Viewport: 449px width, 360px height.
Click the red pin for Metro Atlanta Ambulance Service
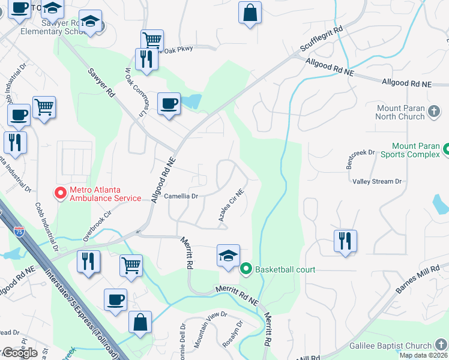coord(60,193)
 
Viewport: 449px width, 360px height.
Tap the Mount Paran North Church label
coord(400,112)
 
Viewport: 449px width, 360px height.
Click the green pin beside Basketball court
coord(246,269)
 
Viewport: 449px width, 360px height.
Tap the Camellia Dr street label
coord(181,196)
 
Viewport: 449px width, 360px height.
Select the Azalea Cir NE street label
coord(231,206)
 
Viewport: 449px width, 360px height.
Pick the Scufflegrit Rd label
coord(322,40)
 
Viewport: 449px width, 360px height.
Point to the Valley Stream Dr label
coord(376,181)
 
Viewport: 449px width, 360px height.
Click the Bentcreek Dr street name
coord(360,159)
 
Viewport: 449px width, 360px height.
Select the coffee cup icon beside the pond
coord(169,103)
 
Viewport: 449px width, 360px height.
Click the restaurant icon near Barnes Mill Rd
coord(345,241)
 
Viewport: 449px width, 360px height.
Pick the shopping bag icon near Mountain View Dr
coord(140,322)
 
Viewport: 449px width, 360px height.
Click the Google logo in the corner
coord(20,353)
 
